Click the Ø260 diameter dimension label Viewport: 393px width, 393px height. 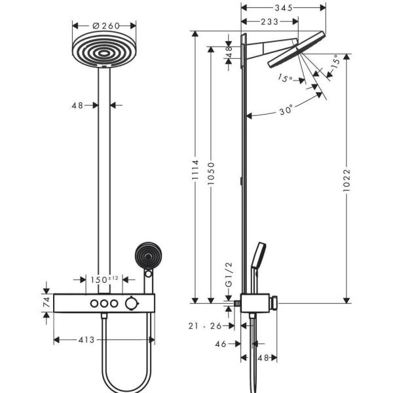coord(105,26)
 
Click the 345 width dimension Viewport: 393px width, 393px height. coord(283,9)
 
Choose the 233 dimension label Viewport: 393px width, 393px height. coord(269,22)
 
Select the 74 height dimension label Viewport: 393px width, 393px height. coord(47,302)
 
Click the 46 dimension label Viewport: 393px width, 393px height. coord(221,343)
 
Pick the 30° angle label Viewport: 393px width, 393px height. coord(285,111)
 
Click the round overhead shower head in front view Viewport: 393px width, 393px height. coord(105,50)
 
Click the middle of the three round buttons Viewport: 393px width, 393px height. coord(105,303)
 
